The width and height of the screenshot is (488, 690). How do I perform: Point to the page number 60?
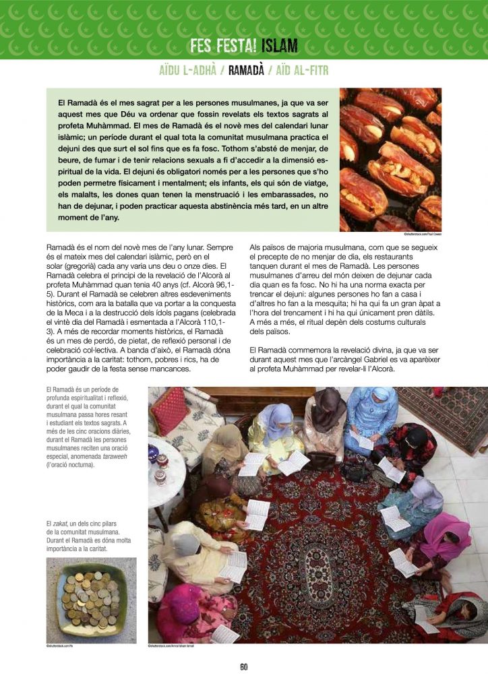pos(243,667)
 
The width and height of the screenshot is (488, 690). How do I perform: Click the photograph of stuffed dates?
pos(390,159)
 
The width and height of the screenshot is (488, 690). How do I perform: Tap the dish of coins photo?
pos(91,600)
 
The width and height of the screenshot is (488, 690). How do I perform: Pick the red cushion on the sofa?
pos(169,410)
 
